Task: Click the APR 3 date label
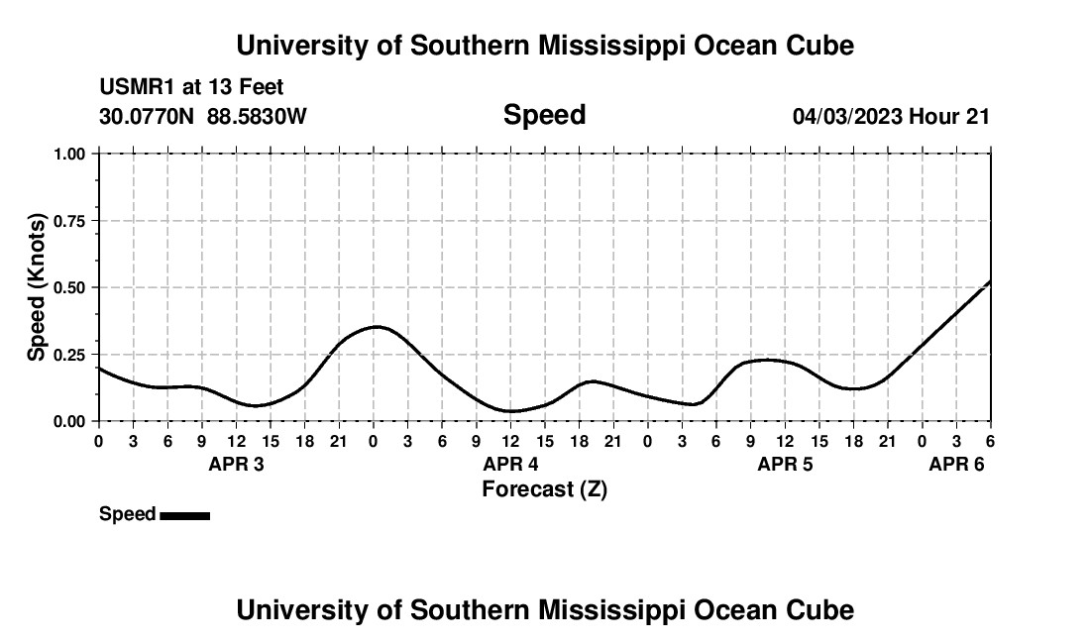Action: click(236, 464)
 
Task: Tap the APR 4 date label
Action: click(510, 464)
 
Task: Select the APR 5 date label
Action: click(785, 464)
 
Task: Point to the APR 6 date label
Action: click(956, 464)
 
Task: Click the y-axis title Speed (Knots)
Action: click(37, 287)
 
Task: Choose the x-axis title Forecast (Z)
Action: click(544, 488)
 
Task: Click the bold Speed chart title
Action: click(544, 115)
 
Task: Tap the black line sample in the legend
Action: click(184, 515)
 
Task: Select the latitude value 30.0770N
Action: click(148, 117)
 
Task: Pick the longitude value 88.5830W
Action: click(257, 117)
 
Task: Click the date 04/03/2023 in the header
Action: click(847, 117)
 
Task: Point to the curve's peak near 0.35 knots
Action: click(376, 326)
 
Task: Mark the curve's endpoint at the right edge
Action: click(989, 282)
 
